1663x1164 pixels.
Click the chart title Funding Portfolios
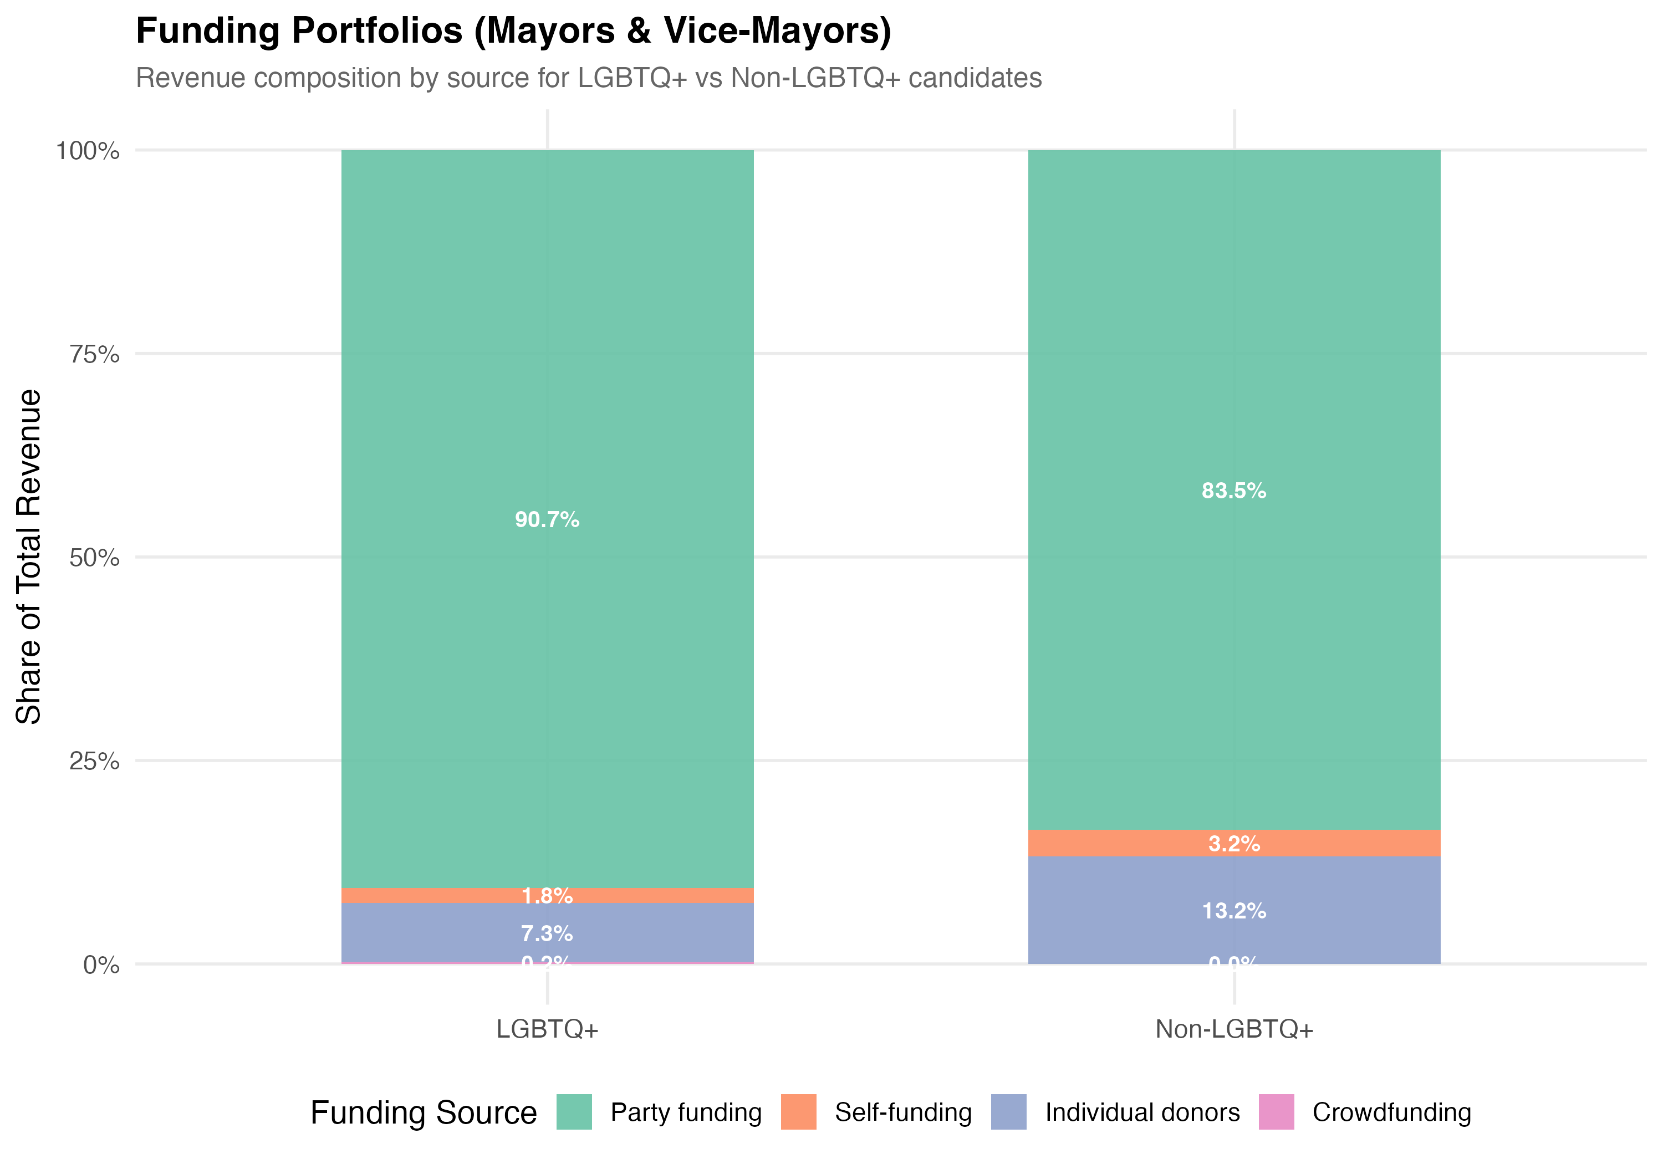pyautogui.click(x=513, y=31)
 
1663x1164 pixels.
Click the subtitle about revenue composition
pyautogui.click(x=588, y=78)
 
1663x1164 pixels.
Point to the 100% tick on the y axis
pyautogui.click(x=88, y=151)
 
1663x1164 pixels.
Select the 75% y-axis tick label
pyautogui.click(x=94, y=354)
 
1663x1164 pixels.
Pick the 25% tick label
pyautogui.click(x=94, y=761)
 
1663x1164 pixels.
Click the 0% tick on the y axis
pyautogui.click(x=101, y=965)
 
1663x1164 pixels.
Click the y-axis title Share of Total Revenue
pyautogui.click(x=29, y=557)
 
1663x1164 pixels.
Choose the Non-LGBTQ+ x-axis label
pyautogui.click(x=1233, y=1029)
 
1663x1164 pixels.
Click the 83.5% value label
pyautogui.click(x=1233, y=491)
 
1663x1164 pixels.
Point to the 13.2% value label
pyautogui.click(x=1233, y=911)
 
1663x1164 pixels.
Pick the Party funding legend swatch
pyautogui.click(x=574, y=1112)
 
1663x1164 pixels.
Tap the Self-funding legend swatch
pyautogui.click(x=798, y=1112)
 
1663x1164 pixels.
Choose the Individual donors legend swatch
pyautogui.click(x=1008, y=1112)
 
